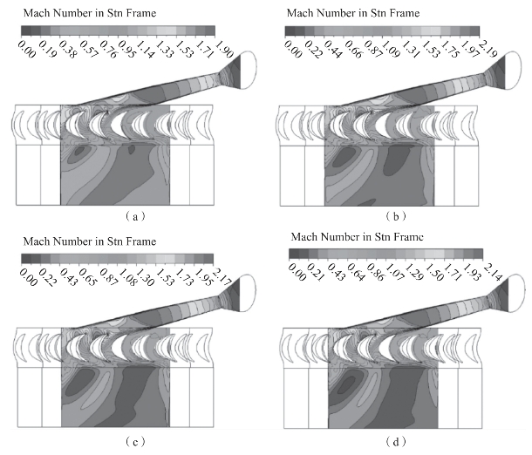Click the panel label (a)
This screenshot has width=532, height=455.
pos(135,216)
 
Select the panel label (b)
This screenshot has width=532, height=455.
pos(396,216)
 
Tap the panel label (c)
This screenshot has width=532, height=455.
pos(135,441)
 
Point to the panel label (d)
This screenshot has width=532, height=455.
pos(396,441)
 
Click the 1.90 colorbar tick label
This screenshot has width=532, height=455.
pos(224,48)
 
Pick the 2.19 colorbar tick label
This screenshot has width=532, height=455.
pos(488,48)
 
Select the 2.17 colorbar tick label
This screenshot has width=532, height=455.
pos(222,276)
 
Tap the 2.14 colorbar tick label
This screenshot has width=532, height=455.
pos(492,272)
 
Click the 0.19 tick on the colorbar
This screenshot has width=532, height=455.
pos(47,49)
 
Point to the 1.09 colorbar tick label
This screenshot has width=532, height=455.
pos(391,49)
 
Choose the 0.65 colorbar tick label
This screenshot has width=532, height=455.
pos(87,277)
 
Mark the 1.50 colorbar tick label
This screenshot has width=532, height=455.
pos(434,273)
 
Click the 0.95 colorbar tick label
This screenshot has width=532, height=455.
pos(127,49)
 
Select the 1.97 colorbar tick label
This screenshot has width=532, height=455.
pos(469,49)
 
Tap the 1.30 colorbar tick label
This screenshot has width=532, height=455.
pos(146,277)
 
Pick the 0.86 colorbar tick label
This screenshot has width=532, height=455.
pos(376,273)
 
